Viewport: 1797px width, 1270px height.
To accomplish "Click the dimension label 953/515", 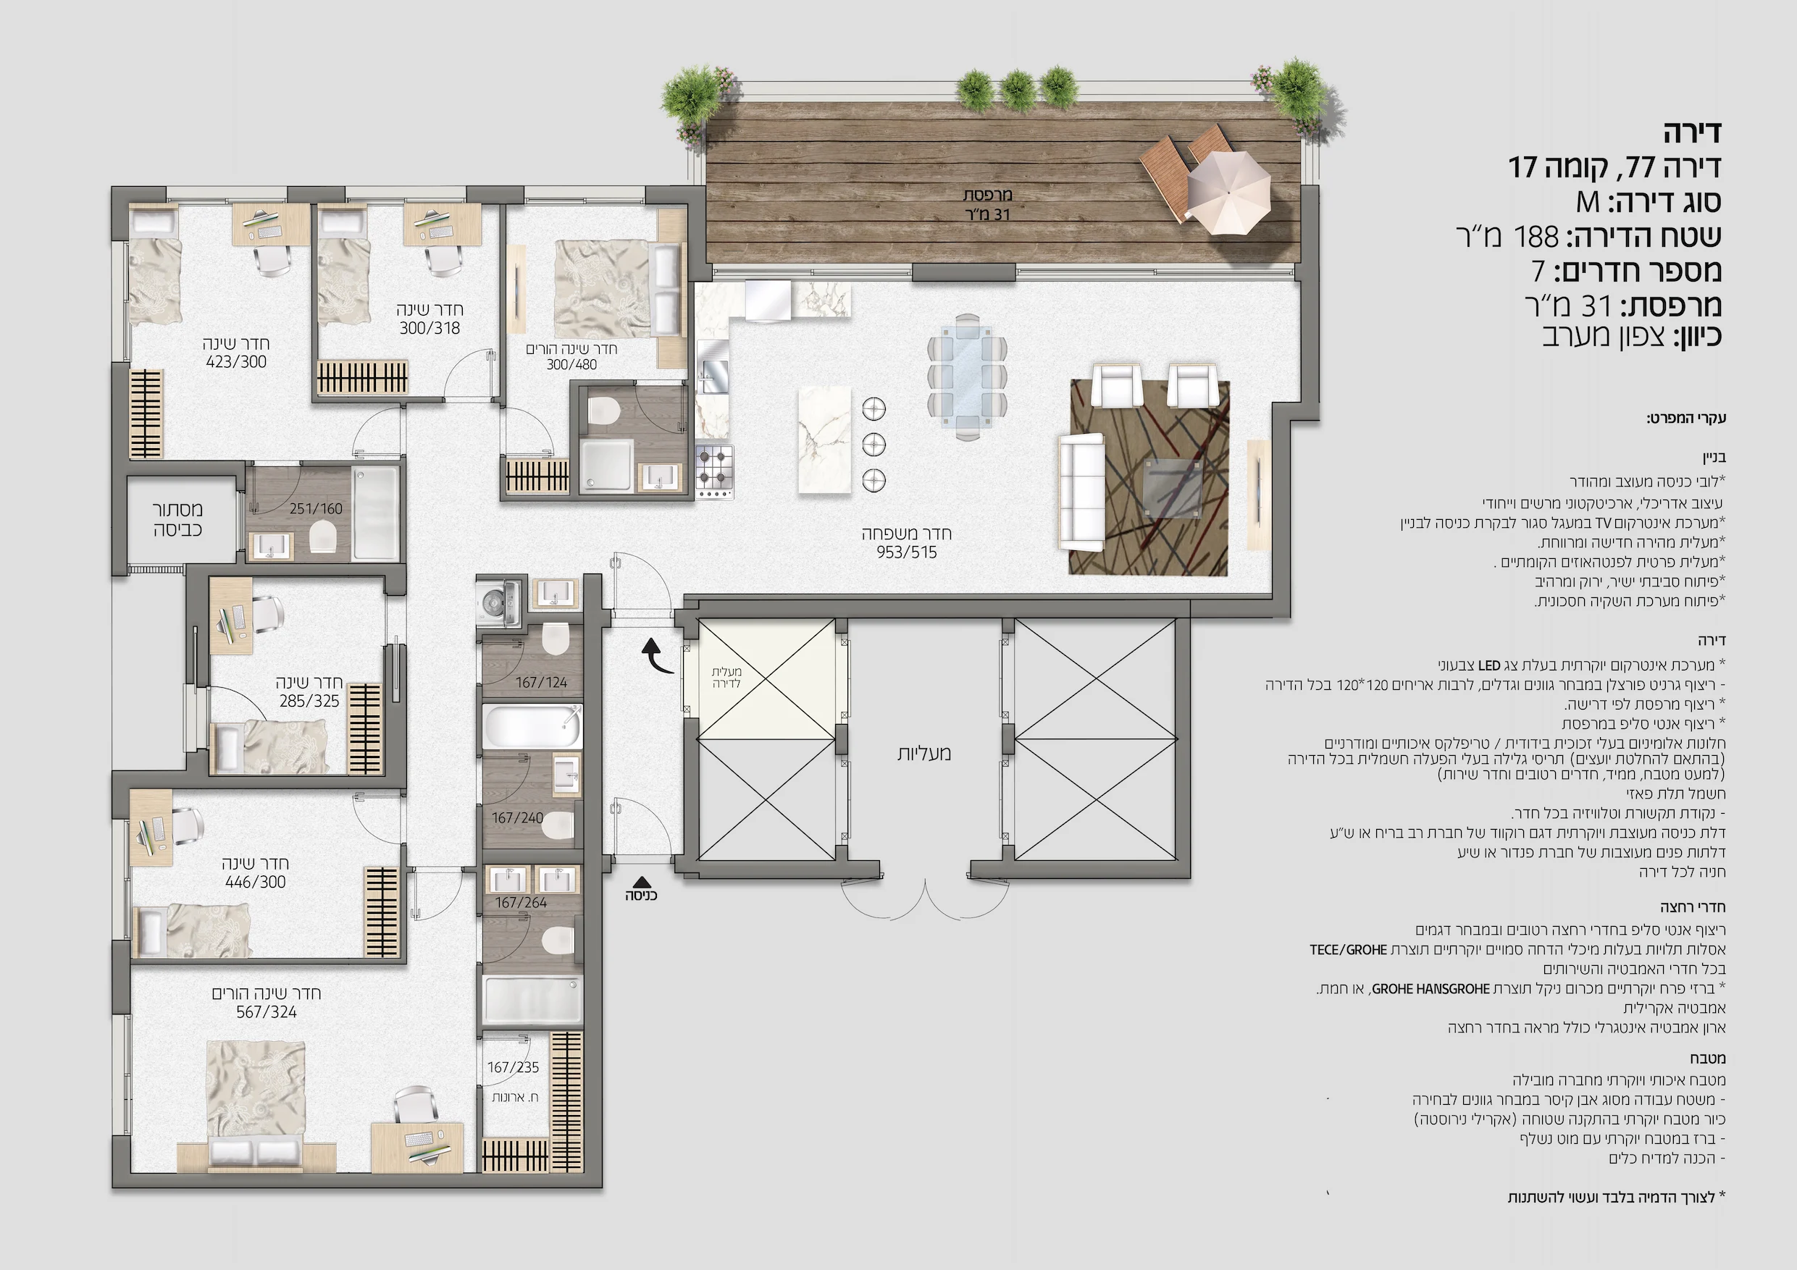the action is pos(906,552).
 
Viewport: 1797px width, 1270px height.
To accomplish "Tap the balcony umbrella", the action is pos(1227,192).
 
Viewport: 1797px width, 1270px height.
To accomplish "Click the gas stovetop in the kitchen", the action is pos(715,466).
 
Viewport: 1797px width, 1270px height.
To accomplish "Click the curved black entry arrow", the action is pos(657,656).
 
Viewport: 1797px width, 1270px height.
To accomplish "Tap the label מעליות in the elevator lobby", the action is pos(923,754).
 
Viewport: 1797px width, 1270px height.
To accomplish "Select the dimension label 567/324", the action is pos(266,1012).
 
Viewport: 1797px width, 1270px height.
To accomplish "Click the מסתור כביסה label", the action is pos(177,520).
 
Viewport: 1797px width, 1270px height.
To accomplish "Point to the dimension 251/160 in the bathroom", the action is pos(317,508).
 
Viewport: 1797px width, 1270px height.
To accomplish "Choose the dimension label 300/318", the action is pos(430,328).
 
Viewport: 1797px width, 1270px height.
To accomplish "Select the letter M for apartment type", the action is pos(1588,202).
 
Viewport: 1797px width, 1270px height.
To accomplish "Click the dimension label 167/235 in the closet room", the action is pos(514,1067).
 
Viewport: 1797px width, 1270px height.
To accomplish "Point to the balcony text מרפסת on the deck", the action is pos(988,194).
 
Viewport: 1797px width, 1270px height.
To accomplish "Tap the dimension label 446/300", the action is pos(255,882).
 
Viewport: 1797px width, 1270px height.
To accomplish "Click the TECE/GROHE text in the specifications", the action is pos(1348,950).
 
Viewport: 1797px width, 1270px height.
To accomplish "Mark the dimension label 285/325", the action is pos(309,701).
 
